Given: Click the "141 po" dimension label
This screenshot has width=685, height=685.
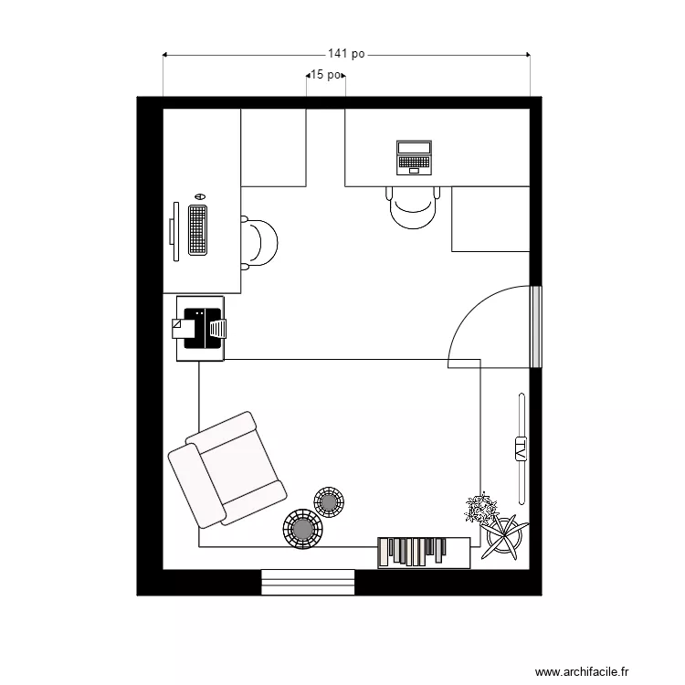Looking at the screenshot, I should click(x=346, y=55).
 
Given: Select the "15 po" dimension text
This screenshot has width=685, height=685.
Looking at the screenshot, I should click(x=325, y=75).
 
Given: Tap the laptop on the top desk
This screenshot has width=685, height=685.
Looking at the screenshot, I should click(x=413, y=157).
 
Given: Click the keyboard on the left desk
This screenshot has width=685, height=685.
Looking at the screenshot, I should click(x=196, y=229).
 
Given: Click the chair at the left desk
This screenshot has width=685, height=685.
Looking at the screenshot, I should click(x=260, y=243).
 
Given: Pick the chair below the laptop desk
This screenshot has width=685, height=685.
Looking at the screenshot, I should click(x=414, y=207).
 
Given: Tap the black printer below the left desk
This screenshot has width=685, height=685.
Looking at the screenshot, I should click(x=200, y=328).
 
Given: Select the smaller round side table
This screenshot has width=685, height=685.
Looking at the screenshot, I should click(x=329, y=501).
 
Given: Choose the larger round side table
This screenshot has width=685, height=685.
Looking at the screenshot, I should click(x=302, y=529).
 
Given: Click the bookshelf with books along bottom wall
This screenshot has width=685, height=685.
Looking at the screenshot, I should click(x=423, y=553).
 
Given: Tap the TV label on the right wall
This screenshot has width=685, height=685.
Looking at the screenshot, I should click(x=521, y=448).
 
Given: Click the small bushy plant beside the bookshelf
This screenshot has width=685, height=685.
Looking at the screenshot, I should click(x=479, y=508).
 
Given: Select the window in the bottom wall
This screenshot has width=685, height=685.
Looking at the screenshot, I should click(x=308, y=582).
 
